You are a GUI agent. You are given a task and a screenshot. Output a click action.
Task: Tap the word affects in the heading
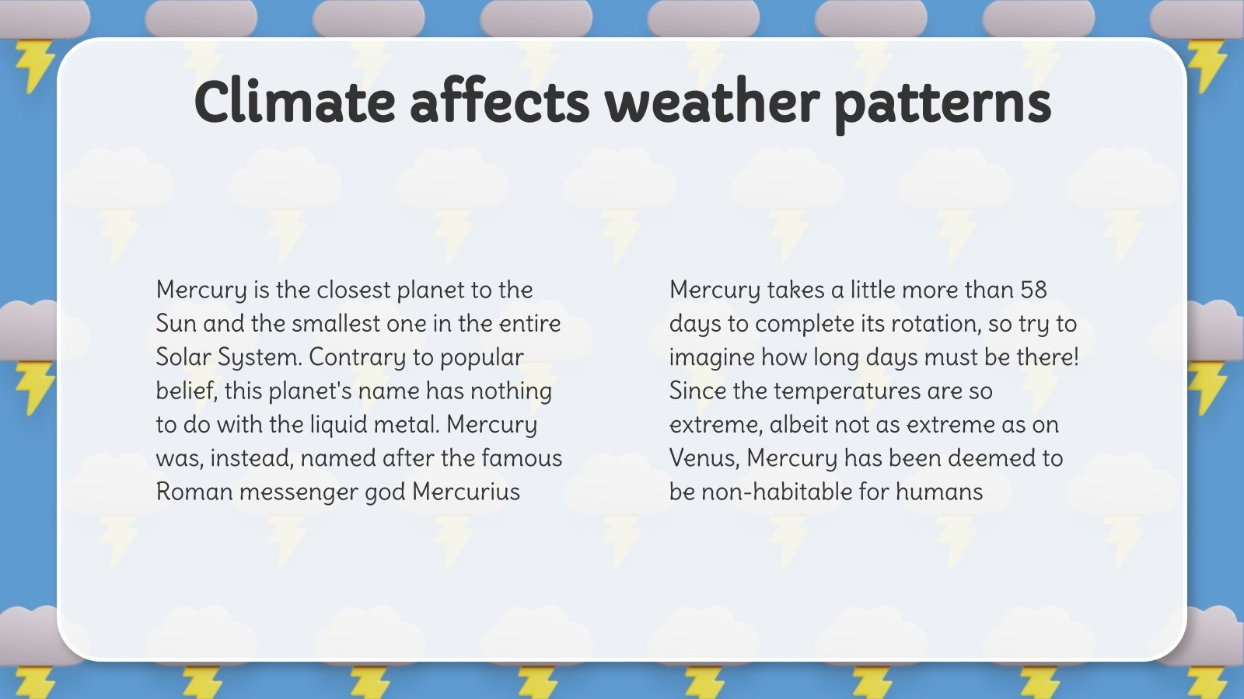[499, 102]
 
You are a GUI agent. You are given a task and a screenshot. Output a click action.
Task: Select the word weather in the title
[711, 102]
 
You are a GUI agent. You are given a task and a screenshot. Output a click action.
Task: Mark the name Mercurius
[466, 492]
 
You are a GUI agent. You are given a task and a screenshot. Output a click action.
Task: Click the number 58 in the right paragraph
[1033, 290]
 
